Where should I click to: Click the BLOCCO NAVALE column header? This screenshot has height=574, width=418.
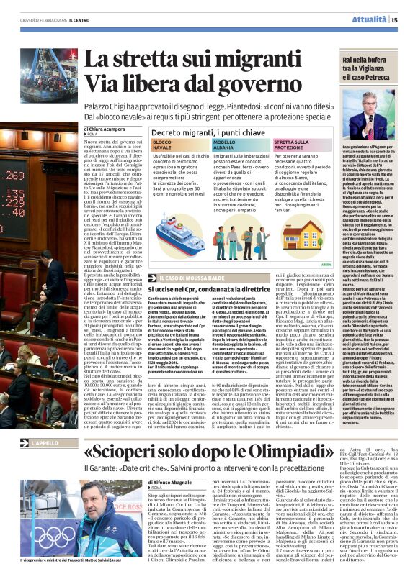[x=164, y=147]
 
